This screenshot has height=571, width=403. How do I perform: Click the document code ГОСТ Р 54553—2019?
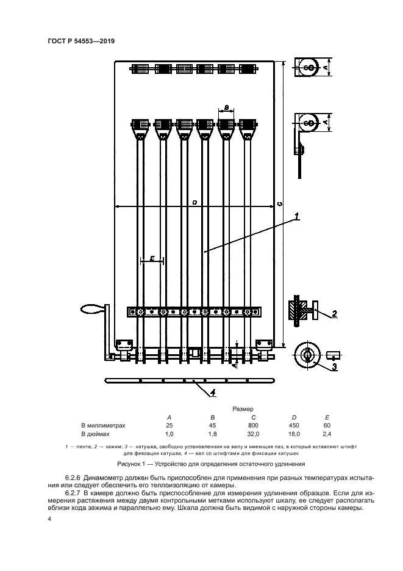pyautogui.click(x=81, y=41)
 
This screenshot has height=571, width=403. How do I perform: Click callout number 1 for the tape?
pyautogui.click(x=296, y=216)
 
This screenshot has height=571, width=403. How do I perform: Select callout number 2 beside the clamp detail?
pyautogui.click(x=335, y=313)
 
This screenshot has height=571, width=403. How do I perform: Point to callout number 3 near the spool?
pyautogui.click(x=335, y=366)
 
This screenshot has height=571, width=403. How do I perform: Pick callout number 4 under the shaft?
pyautogui.click(x=213, y=392)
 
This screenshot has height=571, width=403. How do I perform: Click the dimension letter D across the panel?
pyautogui.click(x=194, y=203)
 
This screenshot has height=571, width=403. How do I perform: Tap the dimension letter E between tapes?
pyautogui.click(x=152, y=258)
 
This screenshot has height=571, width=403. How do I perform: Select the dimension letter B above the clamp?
pyautogui.click(x=226, y=107)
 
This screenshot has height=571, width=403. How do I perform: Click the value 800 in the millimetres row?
pyautogui.click(x=253, y=425)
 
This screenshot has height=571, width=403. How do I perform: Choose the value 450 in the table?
pyautogui.click(x=294, y=425)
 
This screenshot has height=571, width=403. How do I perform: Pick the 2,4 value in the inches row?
pyautogui.click(x=327, y=434)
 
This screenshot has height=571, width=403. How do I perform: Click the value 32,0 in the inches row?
pyautogui.click(x=253, y=434)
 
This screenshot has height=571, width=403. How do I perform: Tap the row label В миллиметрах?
pyautogui.click(x=103, y=425)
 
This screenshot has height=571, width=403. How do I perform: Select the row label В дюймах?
pyautogui.click(x=95, y=434)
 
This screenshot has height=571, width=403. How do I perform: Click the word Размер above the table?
pyautogui.click(x=243, y=409)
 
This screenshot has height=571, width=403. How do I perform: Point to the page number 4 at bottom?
pyautogui.click(x=49, y=518)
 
